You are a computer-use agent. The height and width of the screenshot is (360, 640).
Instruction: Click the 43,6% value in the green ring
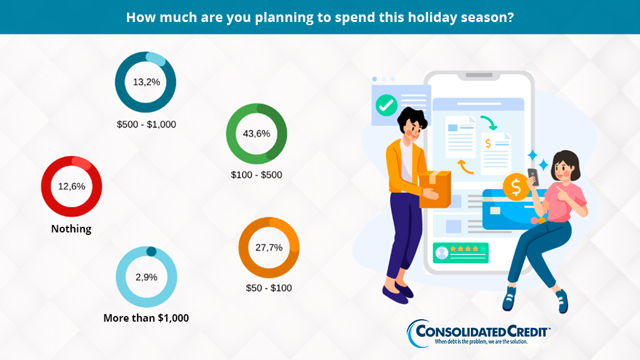(257, 133)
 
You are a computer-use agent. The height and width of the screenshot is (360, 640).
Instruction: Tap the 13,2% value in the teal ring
(146, 82)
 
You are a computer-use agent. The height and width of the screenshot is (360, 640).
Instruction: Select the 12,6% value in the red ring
(72, 187)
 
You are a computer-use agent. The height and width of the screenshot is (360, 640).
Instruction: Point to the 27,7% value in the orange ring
(268, 248)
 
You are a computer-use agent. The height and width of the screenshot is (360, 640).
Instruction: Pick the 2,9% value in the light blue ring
(146, 277)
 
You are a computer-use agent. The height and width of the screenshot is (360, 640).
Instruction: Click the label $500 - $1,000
(146, 124)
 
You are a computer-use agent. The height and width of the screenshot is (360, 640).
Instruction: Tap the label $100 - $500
(257, 175)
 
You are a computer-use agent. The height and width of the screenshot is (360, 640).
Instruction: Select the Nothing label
(71, 229)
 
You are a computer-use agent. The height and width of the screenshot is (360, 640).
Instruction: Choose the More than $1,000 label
(146, 318)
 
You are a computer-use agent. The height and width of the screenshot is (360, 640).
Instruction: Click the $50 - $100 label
(268, 288)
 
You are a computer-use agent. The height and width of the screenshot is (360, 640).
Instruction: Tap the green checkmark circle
(386, 105)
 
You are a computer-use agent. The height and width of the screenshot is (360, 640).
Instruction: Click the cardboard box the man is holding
(435, 188)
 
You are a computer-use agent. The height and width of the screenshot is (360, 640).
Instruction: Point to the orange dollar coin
(516, 187)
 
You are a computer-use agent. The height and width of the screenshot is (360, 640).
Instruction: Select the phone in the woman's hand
(533, 177)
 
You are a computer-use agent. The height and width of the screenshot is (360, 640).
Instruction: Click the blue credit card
(511, 209)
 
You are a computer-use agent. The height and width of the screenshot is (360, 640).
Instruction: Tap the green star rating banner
(460, 253)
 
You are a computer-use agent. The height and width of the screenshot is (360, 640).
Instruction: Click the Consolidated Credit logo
(478, 334)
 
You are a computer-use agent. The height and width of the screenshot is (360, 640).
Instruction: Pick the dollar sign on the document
(488, 143)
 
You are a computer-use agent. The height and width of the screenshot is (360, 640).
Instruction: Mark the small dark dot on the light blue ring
(151, 251)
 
